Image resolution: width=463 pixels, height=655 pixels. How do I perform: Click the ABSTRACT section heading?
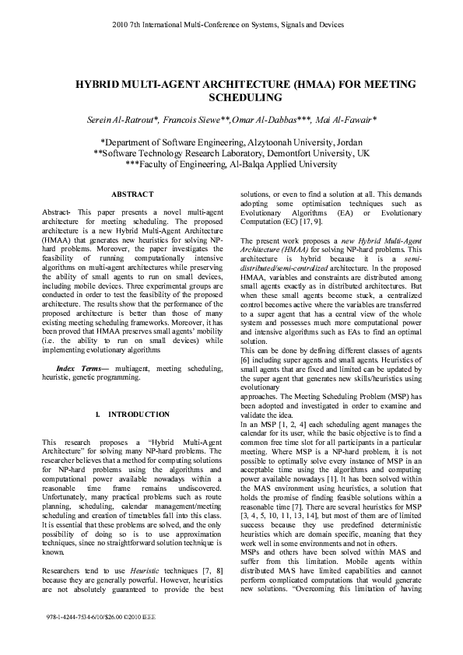click(x=132, y=194)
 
